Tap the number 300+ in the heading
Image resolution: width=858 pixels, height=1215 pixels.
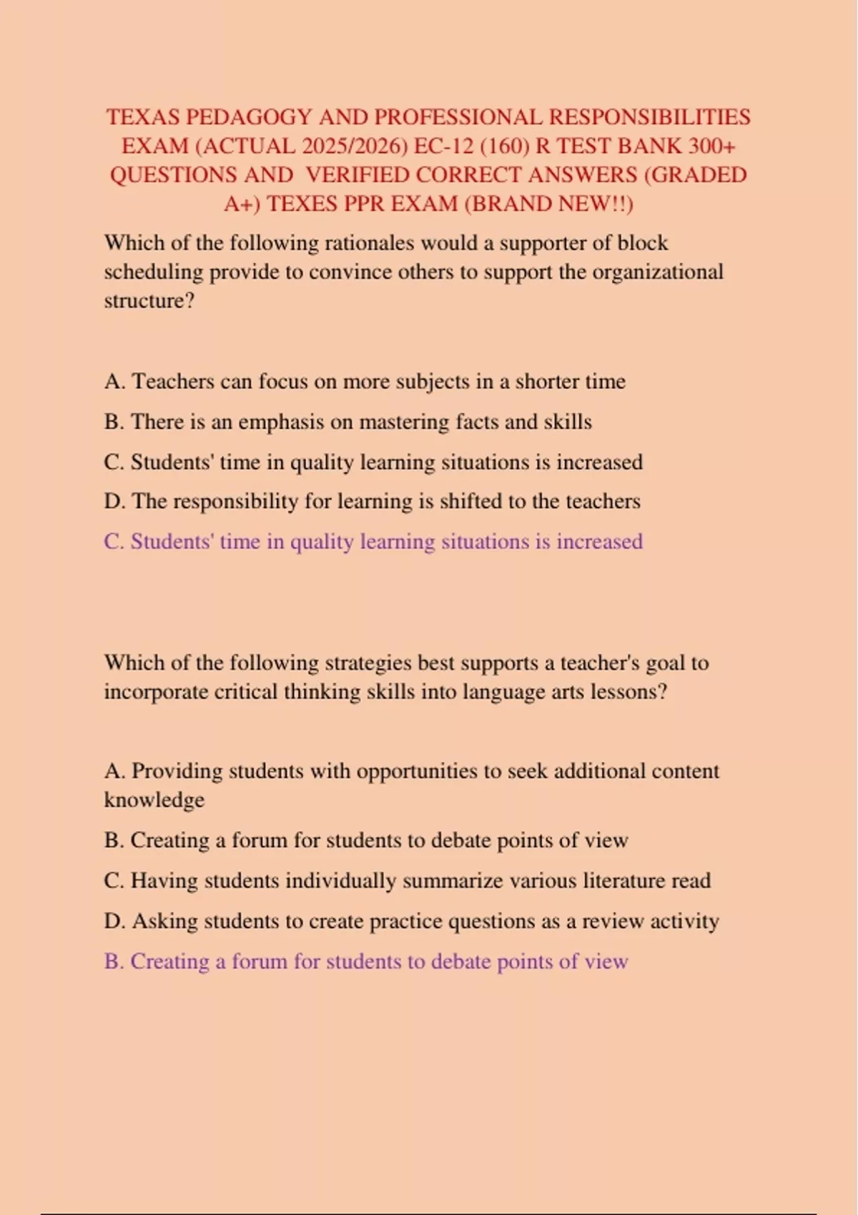711,146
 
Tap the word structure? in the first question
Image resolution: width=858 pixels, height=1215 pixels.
149,301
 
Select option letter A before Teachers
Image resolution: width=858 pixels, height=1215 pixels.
114,382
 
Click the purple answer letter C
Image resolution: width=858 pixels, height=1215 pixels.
114,542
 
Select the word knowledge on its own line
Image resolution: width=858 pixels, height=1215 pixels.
154,800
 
